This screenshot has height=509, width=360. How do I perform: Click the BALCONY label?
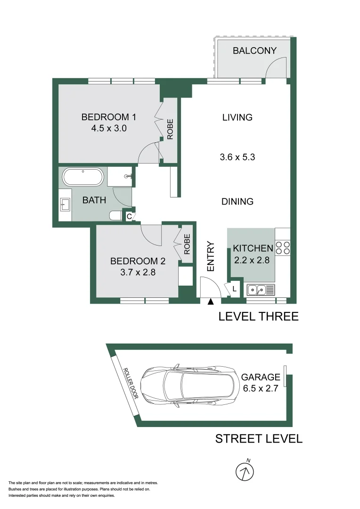pos(254,51)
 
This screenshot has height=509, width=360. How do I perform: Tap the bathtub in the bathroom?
pos(83,178)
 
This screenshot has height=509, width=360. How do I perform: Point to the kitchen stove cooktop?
pos(282,248)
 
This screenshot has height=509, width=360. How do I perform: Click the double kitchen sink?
pos(260,289)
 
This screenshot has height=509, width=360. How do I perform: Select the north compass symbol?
pos(245,471)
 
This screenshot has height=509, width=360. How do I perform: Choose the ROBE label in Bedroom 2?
pos(187,245)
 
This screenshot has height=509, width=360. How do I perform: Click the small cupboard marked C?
pos(129,217)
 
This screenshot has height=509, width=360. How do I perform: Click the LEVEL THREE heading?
pos(258,316)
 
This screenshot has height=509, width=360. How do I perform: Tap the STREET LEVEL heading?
pos(259,439)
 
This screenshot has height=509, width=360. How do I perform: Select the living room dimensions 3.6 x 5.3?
pos(237,157)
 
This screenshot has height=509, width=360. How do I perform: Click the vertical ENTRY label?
pos(211,256)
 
